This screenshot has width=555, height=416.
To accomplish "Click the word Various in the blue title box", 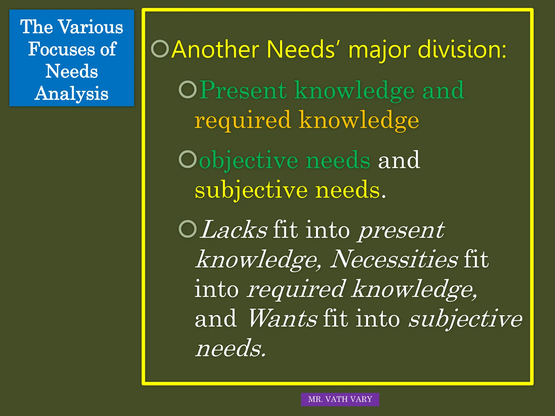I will tap(91, 27).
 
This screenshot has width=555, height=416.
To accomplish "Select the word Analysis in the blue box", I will tap(72, 94).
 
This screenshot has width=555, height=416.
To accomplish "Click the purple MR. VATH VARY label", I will tap(340, 399).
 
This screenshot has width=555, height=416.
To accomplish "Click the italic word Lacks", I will tap(234, 230).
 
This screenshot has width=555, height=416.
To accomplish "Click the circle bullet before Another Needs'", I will tap(160, 49).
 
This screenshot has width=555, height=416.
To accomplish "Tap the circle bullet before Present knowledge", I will tap(188, 89).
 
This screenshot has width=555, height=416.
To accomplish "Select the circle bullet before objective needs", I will tap(188, 159).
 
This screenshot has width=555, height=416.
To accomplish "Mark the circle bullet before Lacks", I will tap(188, 229).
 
